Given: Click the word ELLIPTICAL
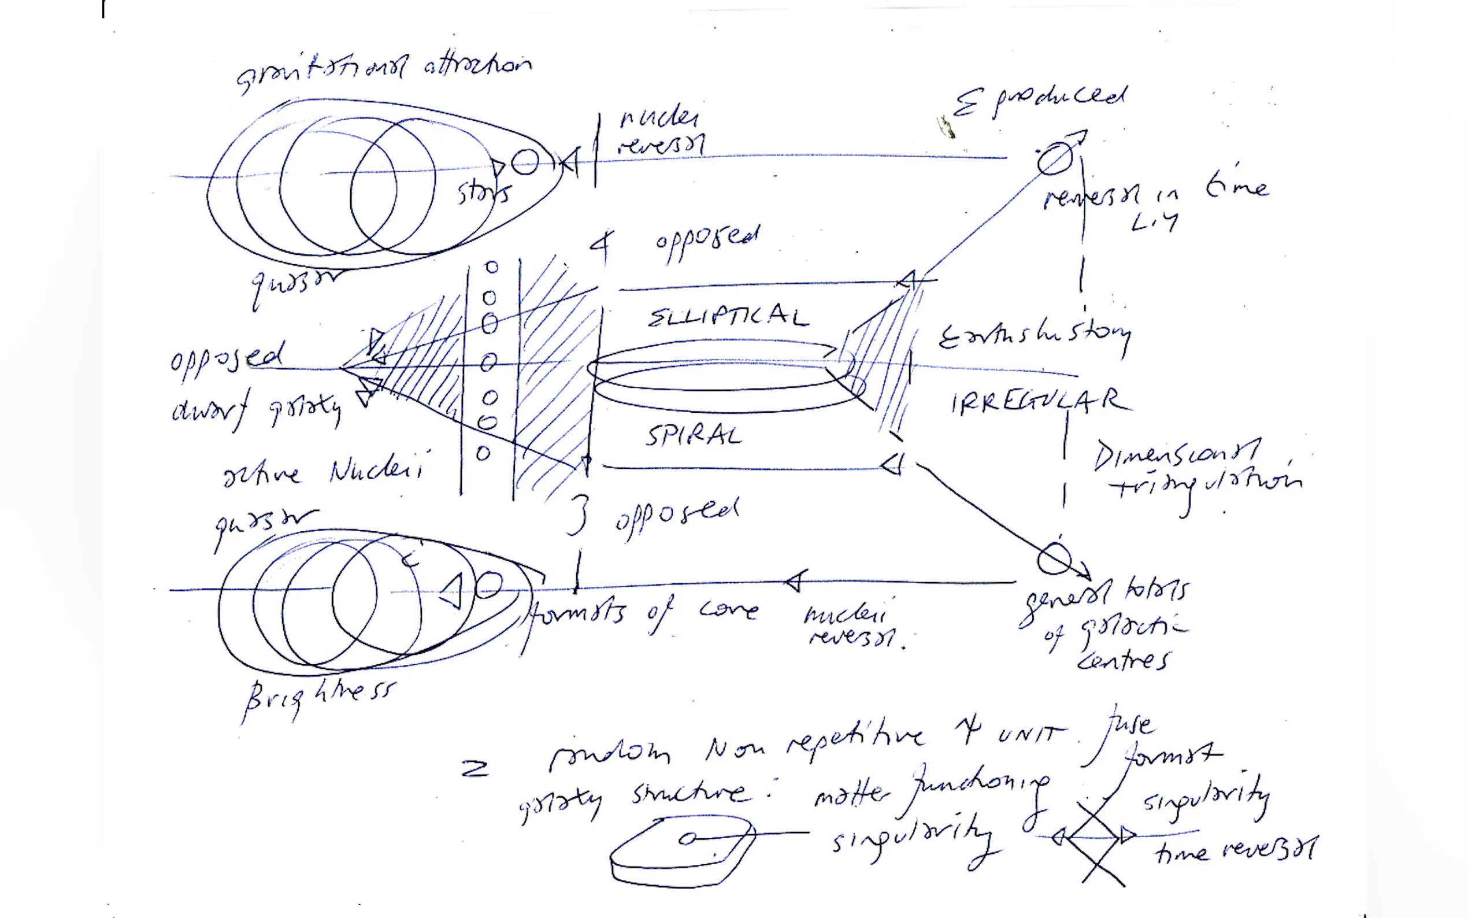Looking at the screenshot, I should (x=728, y=316).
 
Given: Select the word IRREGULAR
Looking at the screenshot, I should (x=1040, y=402).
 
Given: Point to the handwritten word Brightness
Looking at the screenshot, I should (x=319, y=698).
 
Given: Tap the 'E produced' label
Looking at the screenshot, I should (x=1039, y=101).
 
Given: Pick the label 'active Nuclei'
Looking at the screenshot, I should (x=322, y=471).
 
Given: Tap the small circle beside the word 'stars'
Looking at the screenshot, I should (x=525, y=161).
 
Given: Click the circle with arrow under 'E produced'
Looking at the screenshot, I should (x=1055, y=158).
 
